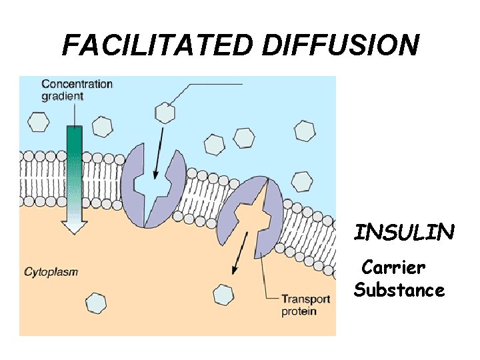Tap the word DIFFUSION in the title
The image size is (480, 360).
point(341,45)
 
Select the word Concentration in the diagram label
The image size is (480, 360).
point(77,84)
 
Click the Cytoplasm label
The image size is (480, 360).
point(51,272)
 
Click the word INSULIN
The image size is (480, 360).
point(404,233)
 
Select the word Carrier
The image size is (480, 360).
point(392,268)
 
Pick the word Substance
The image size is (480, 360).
point(399,291)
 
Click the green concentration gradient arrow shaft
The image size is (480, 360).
point(75,167)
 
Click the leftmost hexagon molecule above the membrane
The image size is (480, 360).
point(39,122)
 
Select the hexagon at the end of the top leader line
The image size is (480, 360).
point(164,113)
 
